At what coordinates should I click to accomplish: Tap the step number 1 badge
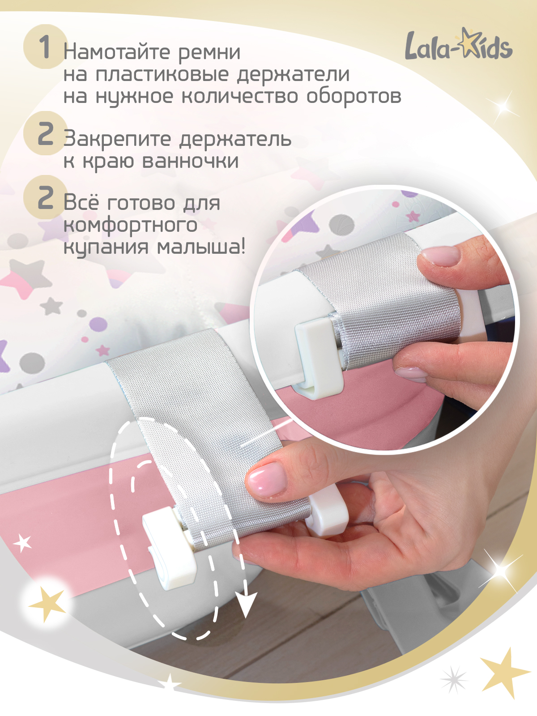[x=45, y=47]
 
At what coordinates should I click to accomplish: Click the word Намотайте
[x=118, y=52]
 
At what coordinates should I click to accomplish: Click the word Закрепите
[x=117, y=140]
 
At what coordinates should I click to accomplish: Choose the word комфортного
[x=130, y=226]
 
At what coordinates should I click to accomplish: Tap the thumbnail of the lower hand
[x=266, y=481]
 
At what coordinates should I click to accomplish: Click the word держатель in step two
[x=235, y=140]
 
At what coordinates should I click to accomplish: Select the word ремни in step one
[x=209, y=52]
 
